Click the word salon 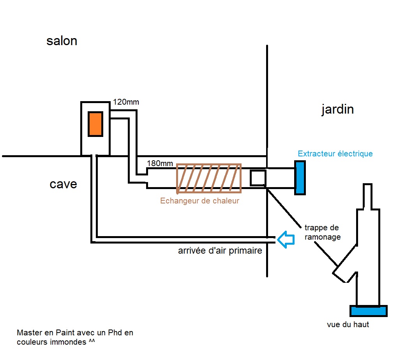pyautogui.click(x=62, y=41)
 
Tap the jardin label pyautogui.click(x=337, y=109)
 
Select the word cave pyautogui.click(x=63, y=184)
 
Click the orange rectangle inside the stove pyautogui.click(x=95, y=124)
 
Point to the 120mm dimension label pyautogui.click(x=126, y=102)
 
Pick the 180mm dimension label pyautogui.click(x=160, y=163)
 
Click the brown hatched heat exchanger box pyautogui.click(x=209, y=179)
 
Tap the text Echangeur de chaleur pyautogui.click(x=199, y=201)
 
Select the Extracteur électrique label pyautogui.click(x=335, y=154)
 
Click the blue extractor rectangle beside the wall pyautogui.click(x=300, y=178)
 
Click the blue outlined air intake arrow pyautogui.click(x=286, y=239)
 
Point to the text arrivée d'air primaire pyautogui.click(x=220, y=251)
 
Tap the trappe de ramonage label pyautogui.click(x=322, y=232)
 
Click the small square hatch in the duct pyautogui.click(x=258, y=178)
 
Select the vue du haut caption pyautogui.click(x=348, y=324)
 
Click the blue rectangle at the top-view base pyautogui.click(x=369, y=311)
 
